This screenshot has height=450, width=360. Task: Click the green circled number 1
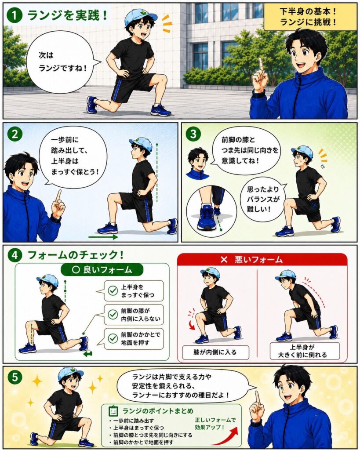tap(15, 15)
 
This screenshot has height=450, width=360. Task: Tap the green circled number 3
tap(193, 134)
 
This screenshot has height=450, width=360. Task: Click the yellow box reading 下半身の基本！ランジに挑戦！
tap(308, 17)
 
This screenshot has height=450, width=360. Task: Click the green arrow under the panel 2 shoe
tap(103, 237)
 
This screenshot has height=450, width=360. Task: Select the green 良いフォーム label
tap(102, 270)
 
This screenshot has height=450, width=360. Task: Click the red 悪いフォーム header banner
tap(262, 260)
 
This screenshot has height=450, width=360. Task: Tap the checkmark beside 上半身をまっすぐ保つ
tap(113, 291)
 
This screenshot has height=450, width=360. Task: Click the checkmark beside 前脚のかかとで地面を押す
tap(113, 339)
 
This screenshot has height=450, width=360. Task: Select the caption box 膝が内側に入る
tap(215, 352)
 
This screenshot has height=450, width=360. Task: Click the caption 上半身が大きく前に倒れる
tap(304, 351)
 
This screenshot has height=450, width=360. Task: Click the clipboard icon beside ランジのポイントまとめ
tap(113, 411)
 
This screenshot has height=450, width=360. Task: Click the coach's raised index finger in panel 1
tap(261, 65)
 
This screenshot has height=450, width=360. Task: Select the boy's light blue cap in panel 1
tap(139, 17)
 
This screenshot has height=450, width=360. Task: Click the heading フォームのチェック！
tap(76, 255)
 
